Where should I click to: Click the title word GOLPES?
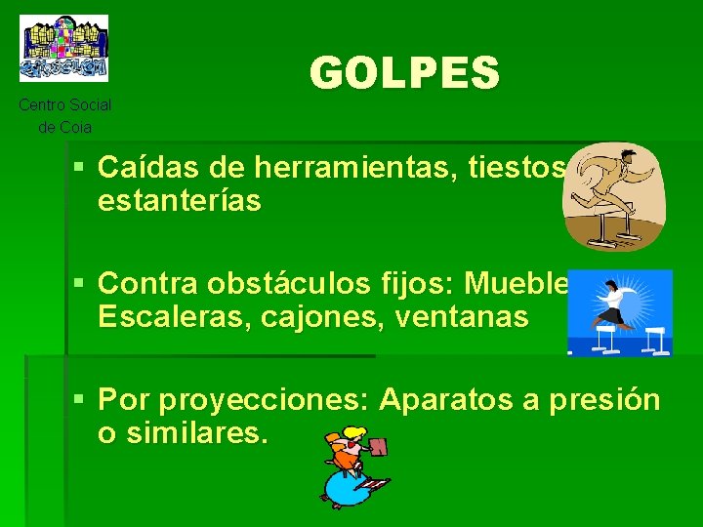tap(404, 73)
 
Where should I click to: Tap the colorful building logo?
tap(64, 48)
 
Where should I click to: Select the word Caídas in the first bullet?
tap(145, 169)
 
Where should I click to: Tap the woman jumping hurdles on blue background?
tap(620, 313)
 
